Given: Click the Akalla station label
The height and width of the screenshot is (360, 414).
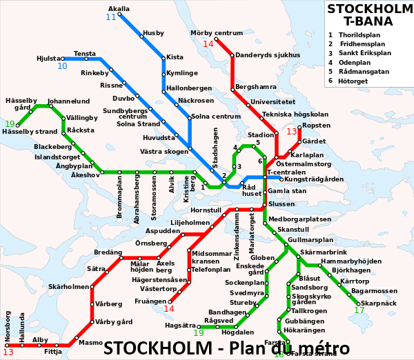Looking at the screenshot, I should tap(119, 9).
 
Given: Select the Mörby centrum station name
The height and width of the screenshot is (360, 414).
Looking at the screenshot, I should tap(217, 33).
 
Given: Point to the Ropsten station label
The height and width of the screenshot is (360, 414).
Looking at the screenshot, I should tap(316, 126).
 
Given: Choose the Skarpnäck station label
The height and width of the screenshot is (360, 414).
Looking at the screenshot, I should tap(379, 303).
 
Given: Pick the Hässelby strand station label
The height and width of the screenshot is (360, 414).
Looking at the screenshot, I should tap(30, 131).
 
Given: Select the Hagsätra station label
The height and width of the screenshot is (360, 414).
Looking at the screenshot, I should tap(180, 325).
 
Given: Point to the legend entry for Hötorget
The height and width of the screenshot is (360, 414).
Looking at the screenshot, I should tap(353, 81).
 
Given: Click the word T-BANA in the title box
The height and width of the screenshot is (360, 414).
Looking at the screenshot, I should tap(369, 21).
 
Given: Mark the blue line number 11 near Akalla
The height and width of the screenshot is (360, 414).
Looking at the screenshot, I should tap(111, 17).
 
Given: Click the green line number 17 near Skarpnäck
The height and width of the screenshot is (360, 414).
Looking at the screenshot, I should tap(359, 310).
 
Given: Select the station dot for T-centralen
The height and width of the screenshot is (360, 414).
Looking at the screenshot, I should tap(264, 177).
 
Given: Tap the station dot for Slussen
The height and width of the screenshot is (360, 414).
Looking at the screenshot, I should tap(264, 204).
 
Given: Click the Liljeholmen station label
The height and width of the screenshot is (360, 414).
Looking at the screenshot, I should tap(190, 223).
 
